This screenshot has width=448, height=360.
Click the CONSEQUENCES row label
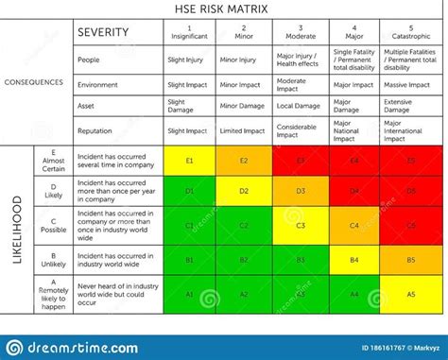point(34,82)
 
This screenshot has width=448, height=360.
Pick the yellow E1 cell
point(190,161)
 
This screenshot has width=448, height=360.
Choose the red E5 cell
point(410,161)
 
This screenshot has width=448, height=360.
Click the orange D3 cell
point(301,192)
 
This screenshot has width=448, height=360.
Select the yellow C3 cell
point(301,226)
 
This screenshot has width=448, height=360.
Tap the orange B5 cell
point(410,260)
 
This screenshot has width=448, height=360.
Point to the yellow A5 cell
point(410,294)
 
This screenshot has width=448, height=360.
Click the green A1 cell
point(190,294)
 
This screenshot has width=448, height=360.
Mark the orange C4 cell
point(355,226)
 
